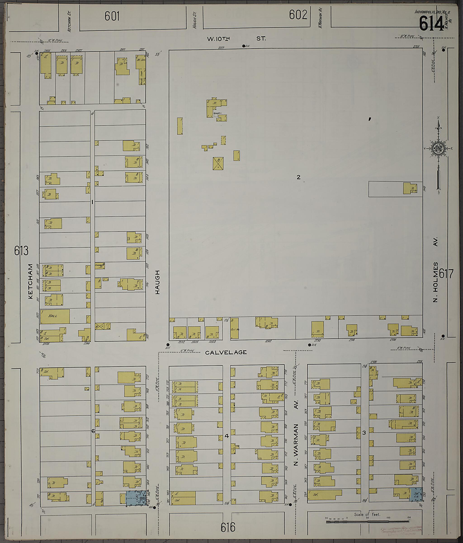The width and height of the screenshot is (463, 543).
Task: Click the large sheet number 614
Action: [431, 23]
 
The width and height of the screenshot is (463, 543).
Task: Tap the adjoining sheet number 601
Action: [112, 16]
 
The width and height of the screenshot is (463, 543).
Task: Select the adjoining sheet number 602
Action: [298, 15]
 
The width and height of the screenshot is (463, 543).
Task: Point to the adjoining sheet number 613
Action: [21, 251]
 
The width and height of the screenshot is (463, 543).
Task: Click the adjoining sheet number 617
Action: [446, 274]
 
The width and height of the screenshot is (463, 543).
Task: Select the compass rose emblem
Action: [437, 149]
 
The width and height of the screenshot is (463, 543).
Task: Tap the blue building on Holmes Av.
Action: [416, 494]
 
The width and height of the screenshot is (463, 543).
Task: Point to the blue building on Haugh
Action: [136, 498]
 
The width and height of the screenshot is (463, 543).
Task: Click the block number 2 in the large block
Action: [298, 177]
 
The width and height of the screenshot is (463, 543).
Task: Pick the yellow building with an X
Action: [218, 163]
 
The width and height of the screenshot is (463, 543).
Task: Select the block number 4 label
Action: [227, 436]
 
